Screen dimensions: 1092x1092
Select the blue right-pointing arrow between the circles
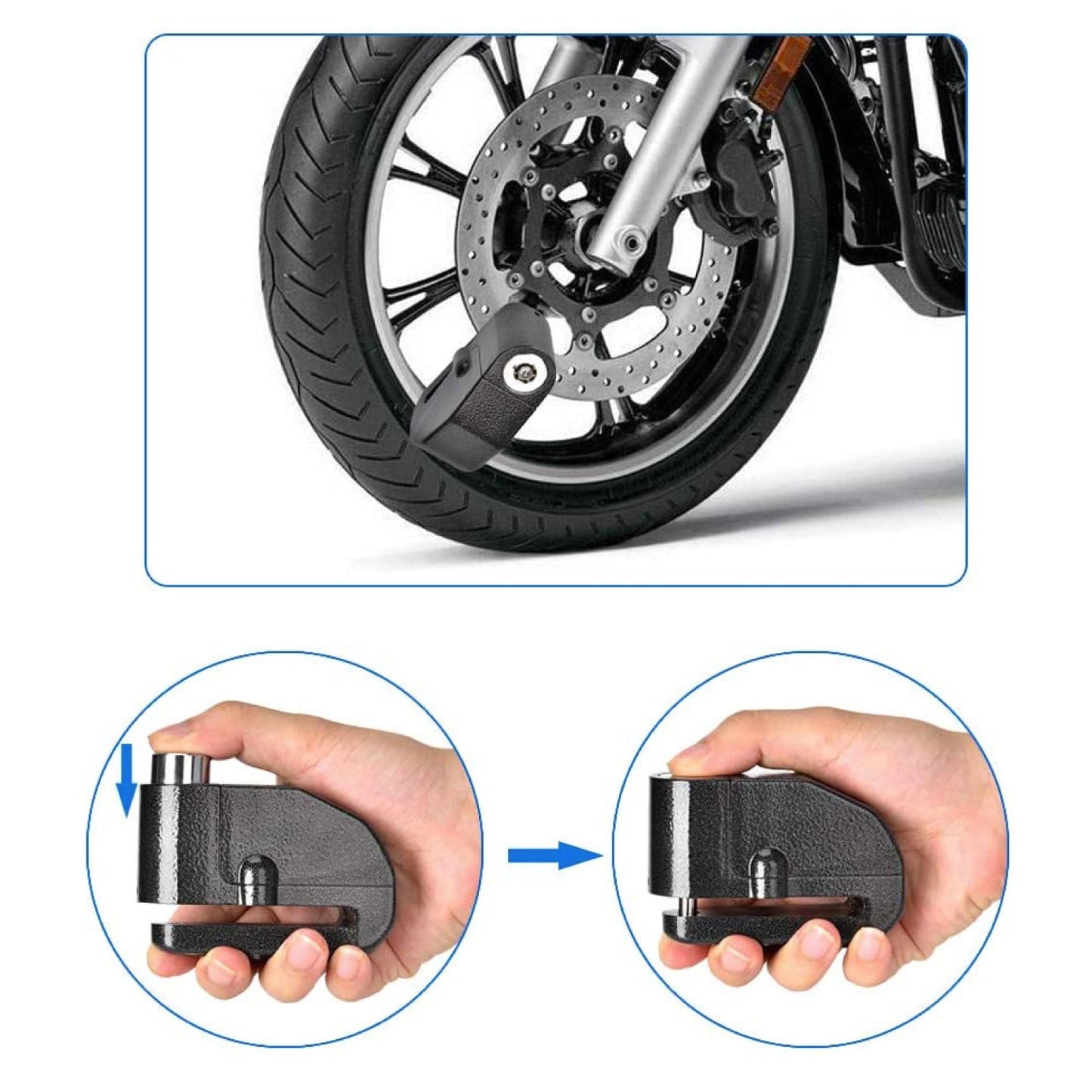pyautogui.click(x=555, y=855)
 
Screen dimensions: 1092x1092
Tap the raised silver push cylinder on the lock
pyautogui.click(x=179, y=768)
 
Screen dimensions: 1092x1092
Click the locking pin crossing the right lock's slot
pyautogui.click(x=684, y=904)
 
